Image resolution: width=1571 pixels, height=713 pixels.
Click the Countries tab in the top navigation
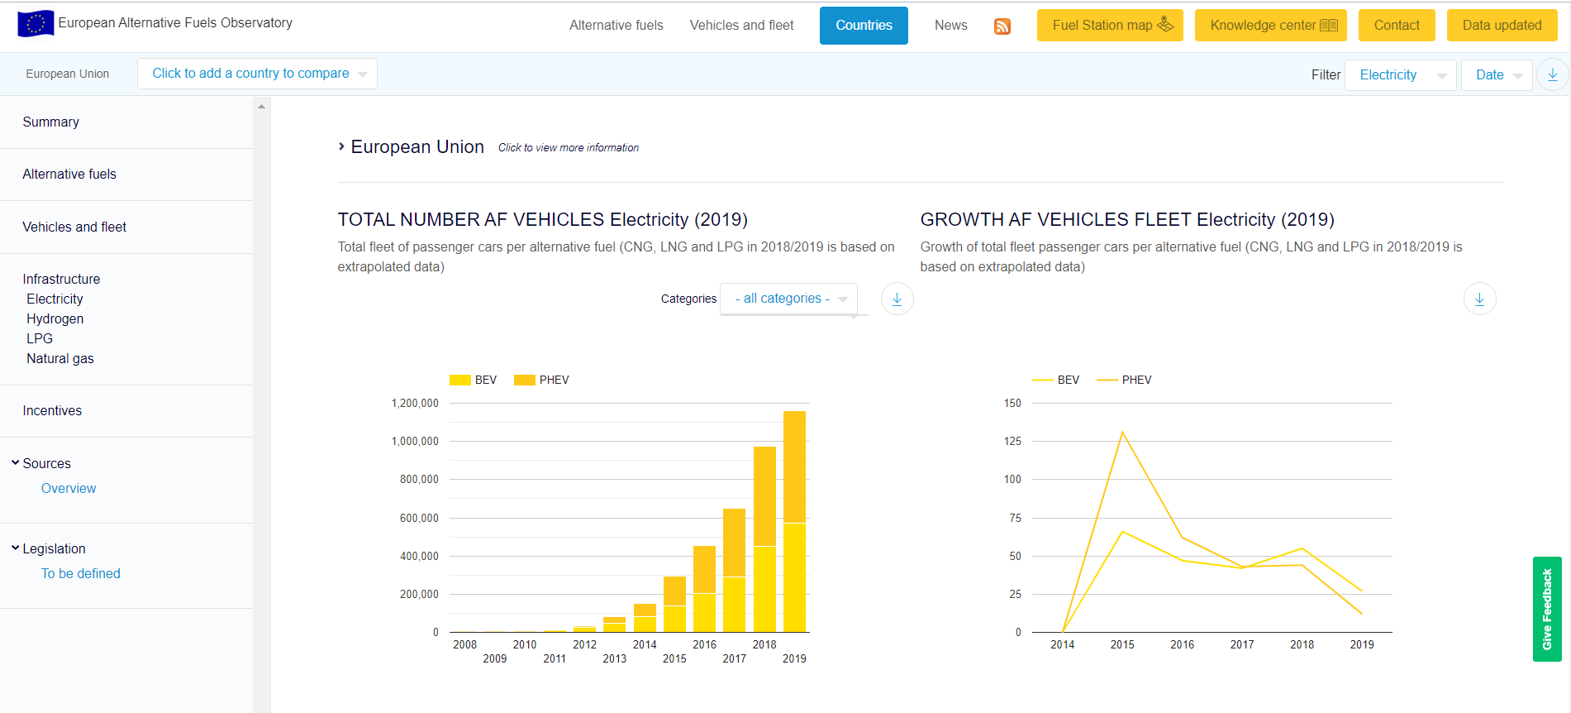864,26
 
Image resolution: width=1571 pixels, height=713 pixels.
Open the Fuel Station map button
1110,26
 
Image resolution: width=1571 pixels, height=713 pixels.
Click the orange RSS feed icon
1002,26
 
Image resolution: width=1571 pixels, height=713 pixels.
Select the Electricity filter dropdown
1401,75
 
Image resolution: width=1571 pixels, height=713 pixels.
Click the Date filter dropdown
1497,75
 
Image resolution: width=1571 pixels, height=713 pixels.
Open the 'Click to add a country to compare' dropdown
257,74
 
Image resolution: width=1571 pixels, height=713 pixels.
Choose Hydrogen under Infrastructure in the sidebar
55,319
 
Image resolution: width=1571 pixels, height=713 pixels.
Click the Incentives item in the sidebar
52,411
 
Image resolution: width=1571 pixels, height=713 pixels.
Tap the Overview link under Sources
69,489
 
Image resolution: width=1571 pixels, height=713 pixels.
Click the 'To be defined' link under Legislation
81,574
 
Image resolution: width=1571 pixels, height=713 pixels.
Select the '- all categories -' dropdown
788,299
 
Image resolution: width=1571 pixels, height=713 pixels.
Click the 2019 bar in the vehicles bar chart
794,522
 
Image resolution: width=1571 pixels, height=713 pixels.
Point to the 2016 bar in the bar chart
704,589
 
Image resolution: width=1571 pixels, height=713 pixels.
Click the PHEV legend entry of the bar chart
541,380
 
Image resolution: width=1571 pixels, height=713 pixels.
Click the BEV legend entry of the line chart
1056,380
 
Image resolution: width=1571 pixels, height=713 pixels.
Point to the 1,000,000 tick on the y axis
415,442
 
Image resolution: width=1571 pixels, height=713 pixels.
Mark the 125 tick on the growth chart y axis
1012,442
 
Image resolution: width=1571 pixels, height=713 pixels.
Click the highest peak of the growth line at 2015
1122,432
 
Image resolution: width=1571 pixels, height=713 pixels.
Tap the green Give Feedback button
1547,610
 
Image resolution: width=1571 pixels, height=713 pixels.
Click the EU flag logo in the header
36,23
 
